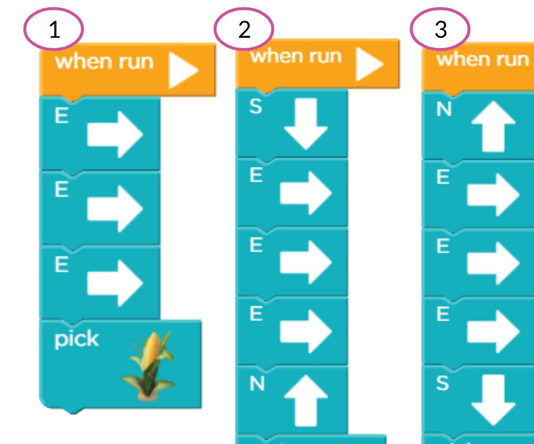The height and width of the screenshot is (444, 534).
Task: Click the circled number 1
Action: coord(54,29)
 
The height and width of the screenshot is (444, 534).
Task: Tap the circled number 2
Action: coord(244,29)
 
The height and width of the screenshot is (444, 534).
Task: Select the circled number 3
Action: coord(440,29)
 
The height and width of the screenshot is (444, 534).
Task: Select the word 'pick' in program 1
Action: coord(77,339)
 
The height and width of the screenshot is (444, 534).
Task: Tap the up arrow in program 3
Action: coord(493,128)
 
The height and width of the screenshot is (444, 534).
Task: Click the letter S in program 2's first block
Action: coord(255,106)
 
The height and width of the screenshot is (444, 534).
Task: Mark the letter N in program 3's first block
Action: coord(444,110)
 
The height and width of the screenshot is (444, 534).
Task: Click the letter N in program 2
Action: coord(256,384)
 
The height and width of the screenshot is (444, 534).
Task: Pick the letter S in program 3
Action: coord(443,383)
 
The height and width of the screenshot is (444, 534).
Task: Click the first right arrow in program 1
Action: coord(115,134)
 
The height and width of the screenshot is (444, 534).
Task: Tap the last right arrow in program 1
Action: coord(115,282)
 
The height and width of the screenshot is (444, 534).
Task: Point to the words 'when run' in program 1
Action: coord(104,62)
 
